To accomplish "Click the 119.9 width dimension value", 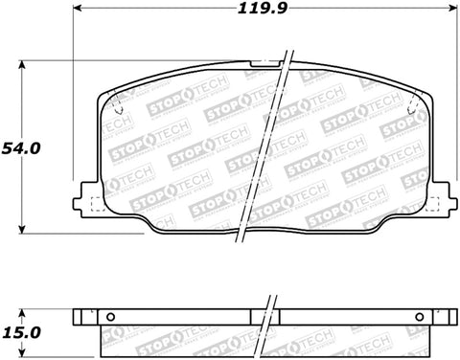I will [x=262, y=11].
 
